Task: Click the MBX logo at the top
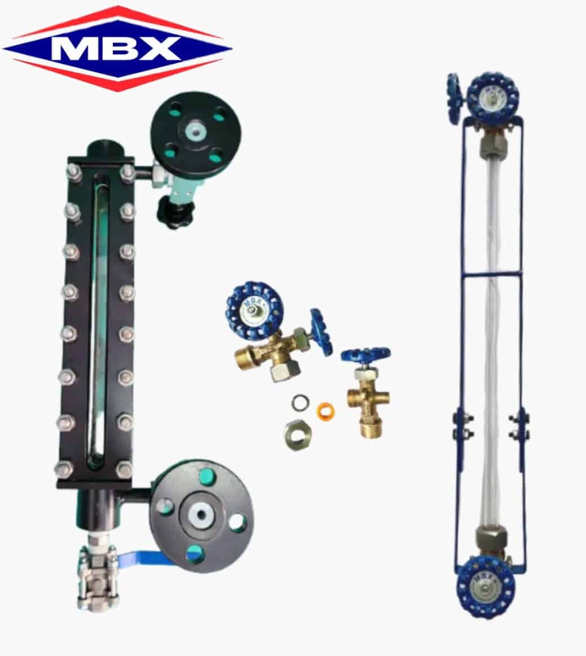[117, 48]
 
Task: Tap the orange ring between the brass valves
[326, 411]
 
